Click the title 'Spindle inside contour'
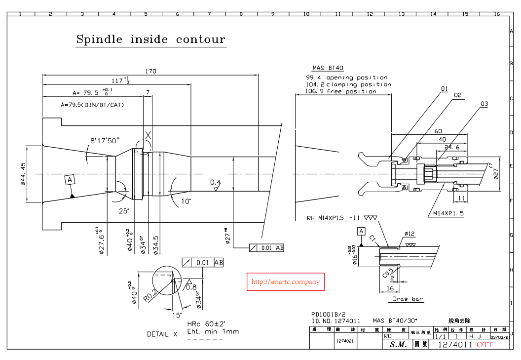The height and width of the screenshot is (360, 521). point(150,40)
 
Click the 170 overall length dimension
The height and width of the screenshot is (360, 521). point(150,71)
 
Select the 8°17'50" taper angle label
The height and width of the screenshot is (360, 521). point(105,141)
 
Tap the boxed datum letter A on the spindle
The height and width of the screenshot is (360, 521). point(70,180)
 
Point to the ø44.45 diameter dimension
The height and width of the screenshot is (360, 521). point(23,174)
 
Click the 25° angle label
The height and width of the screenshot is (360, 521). point(123,211)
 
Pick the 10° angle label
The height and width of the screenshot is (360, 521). point(186,201)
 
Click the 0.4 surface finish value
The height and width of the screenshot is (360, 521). point(215,182)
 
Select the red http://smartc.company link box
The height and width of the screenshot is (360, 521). point(286,282)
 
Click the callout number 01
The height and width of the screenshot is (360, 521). point(444,89)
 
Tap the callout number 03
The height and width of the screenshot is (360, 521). point(484,104)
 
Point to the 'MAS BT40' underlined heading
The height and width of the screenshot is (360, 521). point(328,68)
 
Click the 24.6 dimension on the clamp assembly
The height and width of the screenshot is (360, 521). point(451,147)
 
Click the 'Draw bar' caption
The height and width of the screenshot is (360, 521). point(408,299)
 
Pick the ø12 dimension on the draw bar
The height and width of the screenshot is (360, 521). point(409,234)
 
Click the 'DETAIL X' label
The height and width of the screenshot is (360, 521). point(162,334)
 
